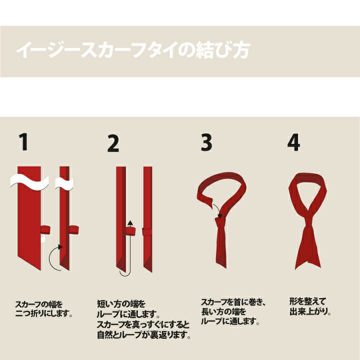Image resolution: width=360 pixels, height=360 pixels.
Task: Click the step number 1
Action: (x=23, y=142)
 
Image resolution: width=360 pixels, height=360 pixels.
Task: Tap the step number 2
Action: (x=113, y=143)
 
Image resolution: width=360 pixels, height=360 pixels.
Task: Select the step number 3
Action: (x=206, y=142)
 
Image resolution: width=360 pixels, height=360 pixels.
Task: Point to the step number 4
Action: (x=293, y=142)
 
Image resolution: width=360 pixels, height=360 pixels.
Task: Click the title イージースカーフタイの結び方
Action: (x=132, y=50)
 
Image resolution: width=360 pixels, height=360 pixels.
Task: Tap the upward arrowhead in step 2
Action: (x=130, y=223)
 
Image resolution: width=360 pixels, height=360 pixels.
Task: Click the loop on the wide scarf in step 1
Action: (x=45, y=230)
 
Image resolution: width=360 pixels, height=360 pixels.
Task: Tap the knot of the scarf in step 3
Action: (x=220, y=222)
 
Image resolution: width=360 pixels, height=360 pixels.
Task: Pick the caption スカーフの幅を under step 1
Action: (x=39, y=304)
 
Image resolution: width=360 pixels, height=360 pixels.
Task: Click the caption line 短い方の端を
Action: (x=121, y=304)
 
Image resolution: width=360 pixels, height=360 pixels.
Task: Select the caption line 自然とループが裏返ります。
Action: (x=144, y=335)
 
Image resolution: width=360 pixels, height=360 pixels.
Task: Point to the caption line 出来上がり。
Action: (x=310, y=312)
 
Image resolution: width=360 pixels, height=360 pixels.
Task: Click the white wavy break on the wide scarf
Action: (x=29, y=181)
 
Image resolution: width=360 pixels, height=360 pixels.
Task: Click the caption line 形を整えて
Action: (x=307, y=301)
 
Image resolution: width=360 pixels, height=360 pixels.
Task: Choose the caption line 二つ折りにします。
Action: (x=44, y=313)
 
